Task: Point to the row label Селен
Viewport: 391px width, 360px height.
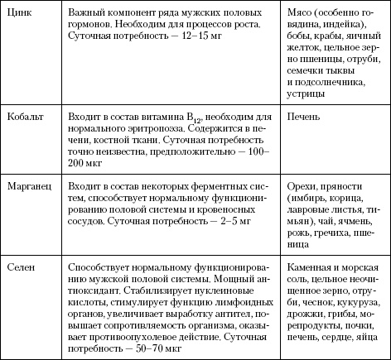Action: pyautogui.click(x=22, y=268)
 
